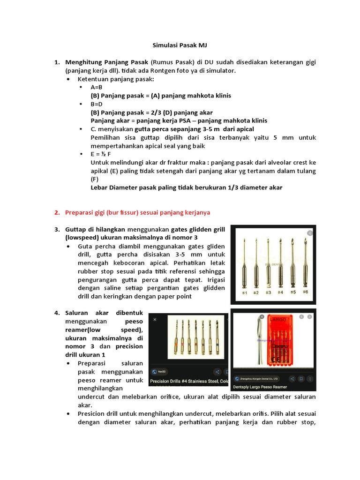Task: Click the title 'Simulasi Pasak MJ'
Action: (x=180, y=45)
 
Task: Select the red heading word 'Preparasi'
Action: (x=80, y=212)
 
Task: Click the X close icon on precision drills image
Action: (x=155, y=319)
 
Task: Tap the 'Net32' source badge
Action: (x=162, y=370)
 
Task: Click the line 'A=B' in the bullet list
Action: (x=97, y=87)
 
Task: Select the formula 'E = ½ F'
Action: (x=102, y=154)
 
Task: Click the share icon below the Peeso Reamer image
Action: (x=292, y=378)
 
